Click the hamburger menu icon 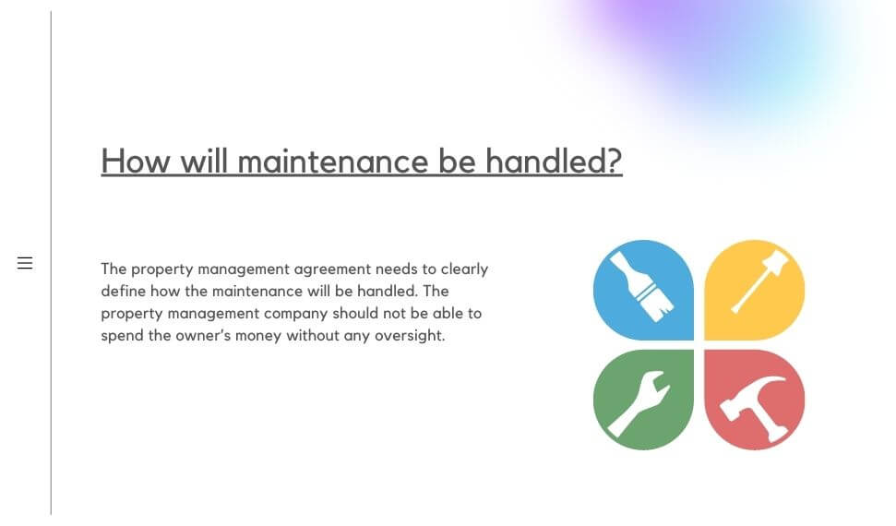[25, 263]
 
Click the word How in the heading [136, 161]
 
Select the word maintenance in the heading [332, 161]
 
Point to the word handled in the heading [547, 161]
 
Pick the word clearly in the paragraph [464, 269]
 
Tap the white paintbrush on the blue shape [642, 287]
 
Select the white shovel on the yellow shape [759, 281]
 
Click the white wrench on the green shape [639, 403]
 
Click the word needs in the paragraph [396, 269]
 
